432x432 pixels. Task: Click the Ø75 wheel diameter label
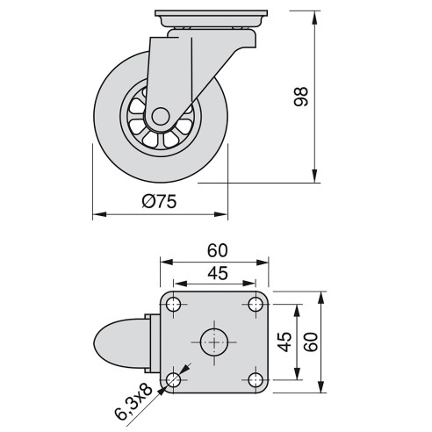(159, 201)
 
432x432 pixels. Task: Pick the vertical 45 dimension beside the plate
(284, 342)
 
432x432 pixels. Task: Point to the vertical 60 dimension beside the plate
(309, 342)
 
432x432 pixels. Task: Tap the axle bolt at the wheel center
(160, 116)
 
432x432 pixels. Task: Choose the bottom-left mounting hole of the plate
(174, 379)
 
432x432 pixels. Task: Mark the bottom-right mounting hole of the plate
(256, 379)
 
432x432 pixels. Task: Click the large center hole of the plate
(214, 342)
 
